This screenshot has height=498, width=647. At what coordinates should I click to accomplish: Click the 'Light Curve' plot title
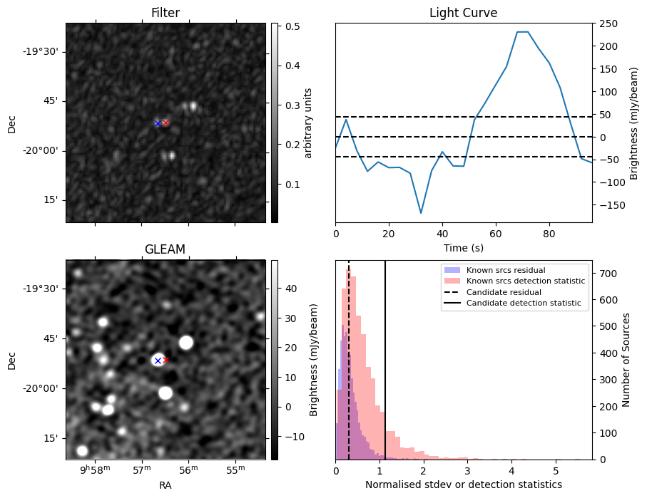(463, 13)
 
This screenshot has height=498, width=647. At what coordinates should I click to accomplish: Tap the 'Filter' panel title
(165, 13)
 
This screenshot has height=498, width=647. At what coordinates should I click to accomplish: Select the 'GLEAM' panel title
(165, 249)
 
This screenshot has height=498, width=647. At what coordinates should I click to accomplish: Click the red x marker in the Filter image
(165, 123)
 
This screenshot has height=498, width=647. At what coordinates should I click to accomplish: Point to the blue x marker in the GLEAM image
(158, 361)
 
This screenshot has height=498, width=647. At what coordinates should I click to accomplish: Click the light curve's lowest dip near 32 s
(421, 213)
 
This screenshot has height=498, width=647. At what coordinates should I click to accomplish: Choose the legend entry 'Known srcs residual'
(505, 270)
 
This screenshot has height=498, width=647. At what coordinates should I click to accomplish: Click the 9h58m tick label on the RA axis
(95, 470)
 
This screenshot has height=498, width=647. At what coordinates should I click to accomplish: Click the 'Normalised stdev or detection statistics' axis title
(463, 484)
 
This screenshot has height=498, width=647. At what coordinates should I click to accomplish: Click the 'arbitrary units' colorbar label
(308, 123)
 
